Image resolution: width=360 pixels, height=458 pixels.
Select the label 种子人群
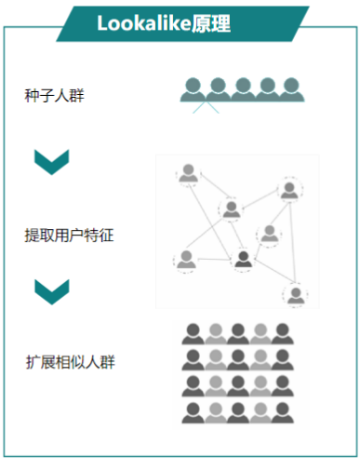point(55,95)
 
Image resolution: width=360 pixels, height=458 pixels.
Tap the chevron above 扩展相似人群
point(52,291)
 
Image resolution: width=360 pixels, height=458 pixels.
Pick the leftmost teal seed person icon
point(193,88)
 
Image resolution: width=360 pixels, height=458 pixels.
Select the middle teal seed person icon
point(242,88)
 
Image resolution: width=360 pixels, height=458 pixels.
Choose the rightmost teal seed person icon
point(291,88)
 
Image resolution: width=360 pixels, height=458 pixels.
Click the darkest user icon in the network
point(244,260)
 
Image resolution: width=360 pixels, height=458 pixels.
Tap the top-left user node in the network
point(189,174)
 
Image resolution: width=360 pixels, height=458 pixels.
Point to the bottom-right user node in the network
point(296,295)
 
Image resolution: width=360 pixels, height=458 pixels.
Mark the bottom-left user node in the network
point(185,260)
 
